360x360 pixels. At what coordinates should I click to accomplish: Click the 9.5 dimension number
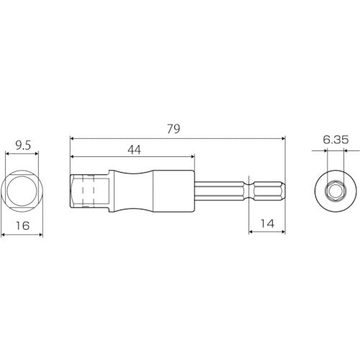tap(24, 145)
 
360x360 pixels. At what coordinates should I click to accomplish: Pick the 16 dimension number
tap(24, 224)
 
